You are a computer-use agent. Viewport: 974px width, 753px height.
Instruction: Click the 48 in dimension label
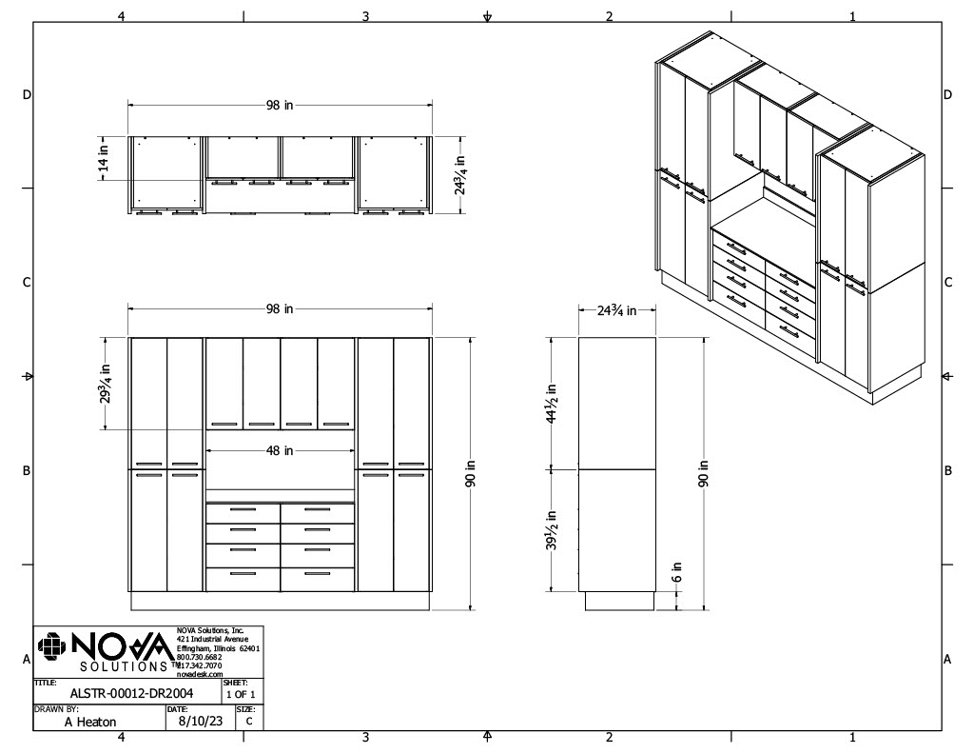click(x=280, y=450)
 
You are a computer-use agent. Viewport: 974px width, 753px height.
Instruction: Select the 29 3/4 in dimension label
click(x=105, y=384)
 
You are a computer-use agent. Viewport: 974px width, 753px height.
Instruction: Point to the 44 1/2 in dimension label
click(x=551, y=404)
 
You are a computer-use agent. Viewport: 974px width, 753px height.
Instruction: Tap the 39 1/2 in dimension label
click(x=551, y=530)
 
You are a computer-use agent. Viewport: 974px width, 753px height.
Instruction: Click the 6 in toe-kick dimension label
click(x=676, y=571)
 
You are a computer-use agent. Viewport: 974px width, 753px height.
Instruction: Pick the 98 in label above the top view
click(x=280, y=105)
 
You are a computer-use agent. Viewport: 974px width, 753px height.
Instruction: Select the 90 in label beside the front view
click(x=471, y=473)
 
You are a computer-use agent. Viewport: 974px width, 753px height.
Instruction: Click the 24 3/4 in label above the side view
click(x=616, y=309)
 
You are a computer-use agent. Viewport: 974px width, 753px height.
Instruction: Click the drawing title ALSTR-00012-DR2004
click(x=131, y=693)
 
